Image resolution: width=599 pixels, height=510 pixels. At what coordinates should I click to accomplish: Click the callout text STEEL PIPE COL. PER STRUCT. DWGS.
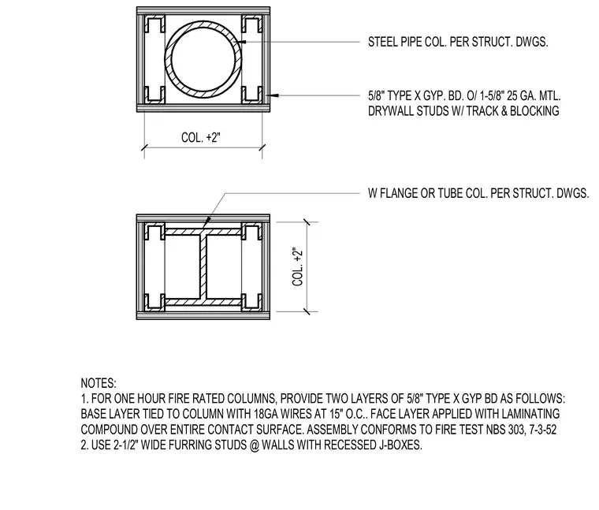[x=458, y=42]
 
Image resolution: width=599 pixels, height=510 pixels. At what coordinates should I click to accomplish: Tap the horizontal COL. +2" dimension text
[x=201, y=137]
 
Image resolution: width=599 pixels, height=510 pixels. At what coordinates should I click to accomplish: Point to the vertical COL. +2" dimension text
[x=298, y=266]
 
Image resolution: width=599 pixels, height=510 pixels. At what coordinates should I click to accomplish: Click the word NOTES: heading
[x=99, y=383]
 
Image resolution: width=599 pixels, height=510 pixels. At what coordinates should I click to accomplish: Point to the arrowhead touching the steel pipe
[x=242, y=41]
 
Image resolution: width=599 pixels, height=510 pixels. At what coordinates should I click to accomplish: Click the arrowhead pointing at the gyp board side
[x=274, y=95]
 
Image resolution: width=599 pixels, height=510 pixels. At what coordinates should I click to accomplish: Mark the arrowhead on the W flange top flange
[x=206, y=224]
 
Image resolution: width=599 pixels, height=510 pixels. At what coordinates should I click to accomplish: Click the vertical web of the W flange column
[x=203, y=266]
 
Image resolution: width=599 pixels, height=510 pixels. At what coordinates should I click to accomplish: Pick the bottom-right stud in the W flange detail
[x=251, y=301]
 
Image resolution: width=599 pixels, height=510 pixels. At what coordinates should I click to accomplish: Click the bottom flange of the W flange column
[x=203, y=302]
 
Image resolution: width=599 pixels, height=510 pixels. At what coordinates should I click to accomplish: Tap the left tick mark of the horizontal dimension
[x=144, y=147]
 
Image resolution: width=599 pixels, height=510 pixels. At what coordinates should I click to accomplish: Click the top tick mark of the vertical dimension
[x=307, y=222]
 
